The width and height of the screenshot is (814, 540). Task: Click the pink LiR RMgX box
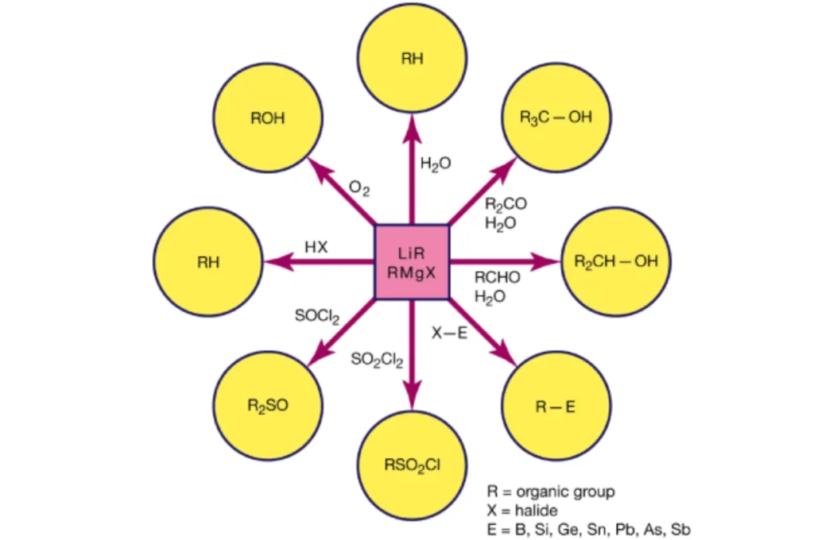(412, 262)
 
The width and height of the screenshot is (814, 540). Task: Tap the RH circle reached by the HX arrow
(208, 262)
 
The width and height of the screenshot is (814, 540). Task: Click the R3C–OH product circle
(556, 118)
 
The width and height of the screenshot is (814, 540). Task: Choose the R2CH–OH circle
(615, 262)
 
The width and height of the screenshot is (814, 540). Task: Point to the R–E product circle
(556, 407)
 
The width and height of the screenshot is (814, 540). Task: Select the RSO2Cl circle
(412, 465)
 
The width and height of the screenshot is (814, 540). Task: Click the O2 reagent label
(359, 190)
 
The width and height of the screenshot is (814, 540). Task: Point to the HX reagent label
(316, 247)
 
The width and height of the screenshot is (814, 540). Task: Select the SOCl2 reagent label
(317, 317)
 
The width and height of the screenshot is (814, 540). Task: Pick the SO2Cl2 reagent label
(377, 360)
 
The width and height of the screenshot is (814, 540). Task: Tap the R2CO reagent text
(506, 204)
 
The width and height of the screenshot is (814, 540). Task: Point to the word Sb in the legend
(683, 529)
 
